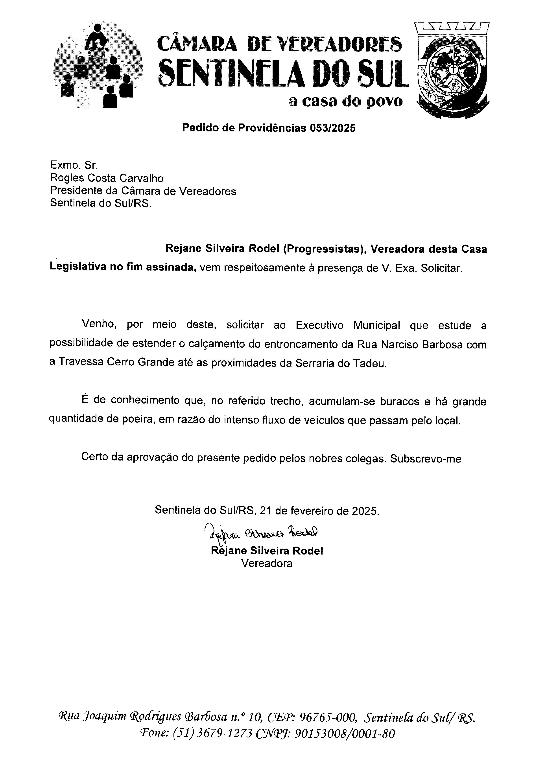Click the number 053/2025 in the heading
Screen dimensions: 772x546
332,128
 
